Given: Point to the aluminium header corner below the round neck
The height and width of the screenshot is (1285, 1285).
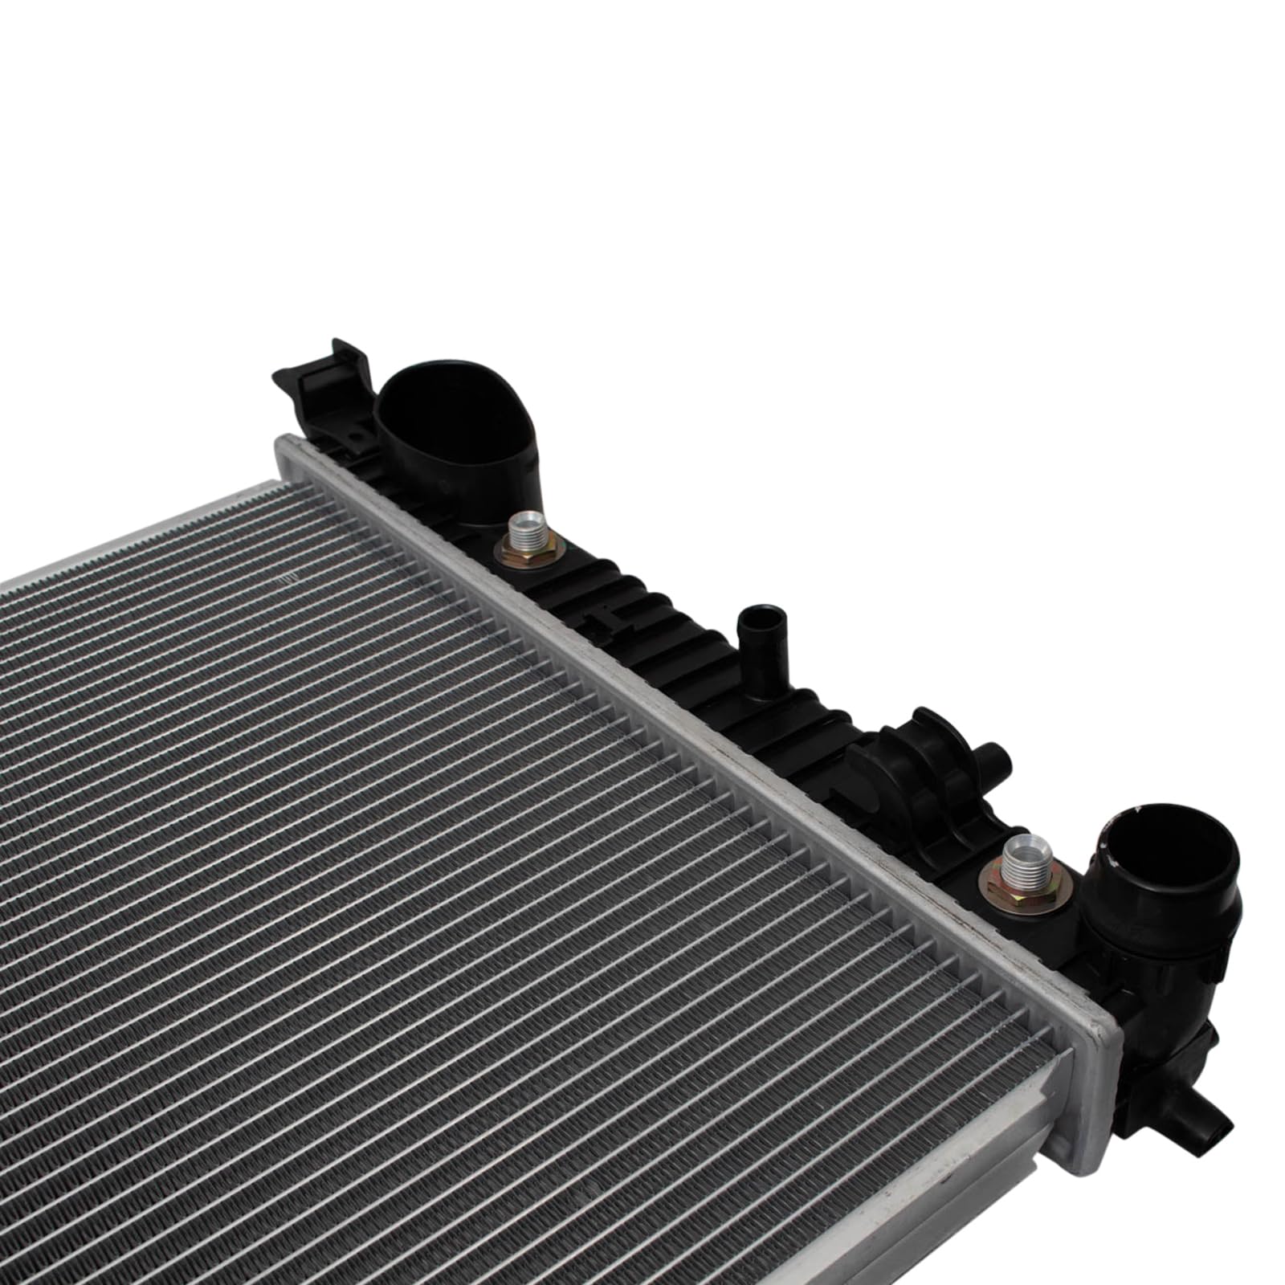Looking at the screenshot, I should pyautogui.click(x=1092, y=1068).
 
